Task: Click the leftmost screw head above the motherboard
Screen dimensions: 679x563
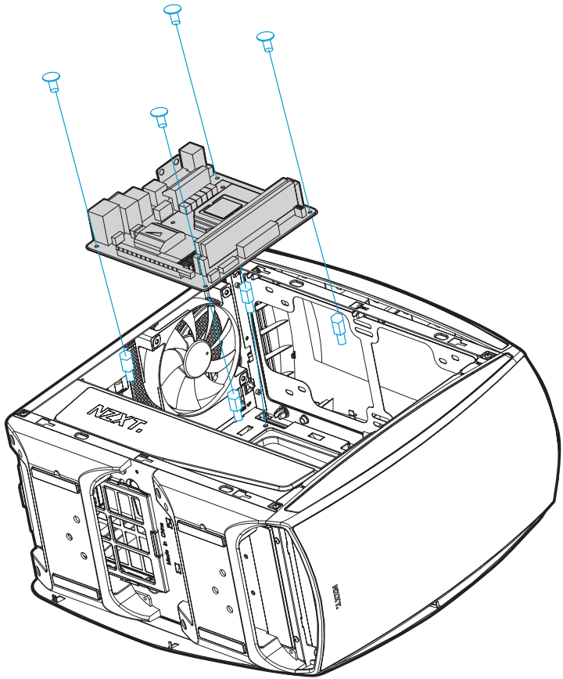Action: pyautogui.click(x=52, y=78)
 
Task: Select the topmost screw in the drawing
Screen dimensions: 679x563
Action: pyautogui.click(x=174, y=10)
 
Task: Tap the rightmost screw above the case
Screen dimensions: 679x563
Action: pyautogui.click(x=266, y=37)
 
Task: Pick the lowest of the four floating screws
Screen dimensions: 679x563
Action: pyautogui.click(x=159, y=114)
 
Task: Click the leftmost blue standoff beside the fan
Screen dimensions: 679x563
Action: pyautogui.click(x=126, y=363)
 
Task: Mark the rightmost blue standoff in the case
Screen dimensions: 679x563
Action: pyautogui.click(x=339, y=327)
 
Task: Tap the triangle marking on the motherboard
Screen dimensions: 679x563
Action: pyautogui.click(x=156, y=233)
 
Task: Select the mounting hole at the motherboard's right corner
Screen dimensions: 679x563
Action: pyautogui.click(x=311, y=209)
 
